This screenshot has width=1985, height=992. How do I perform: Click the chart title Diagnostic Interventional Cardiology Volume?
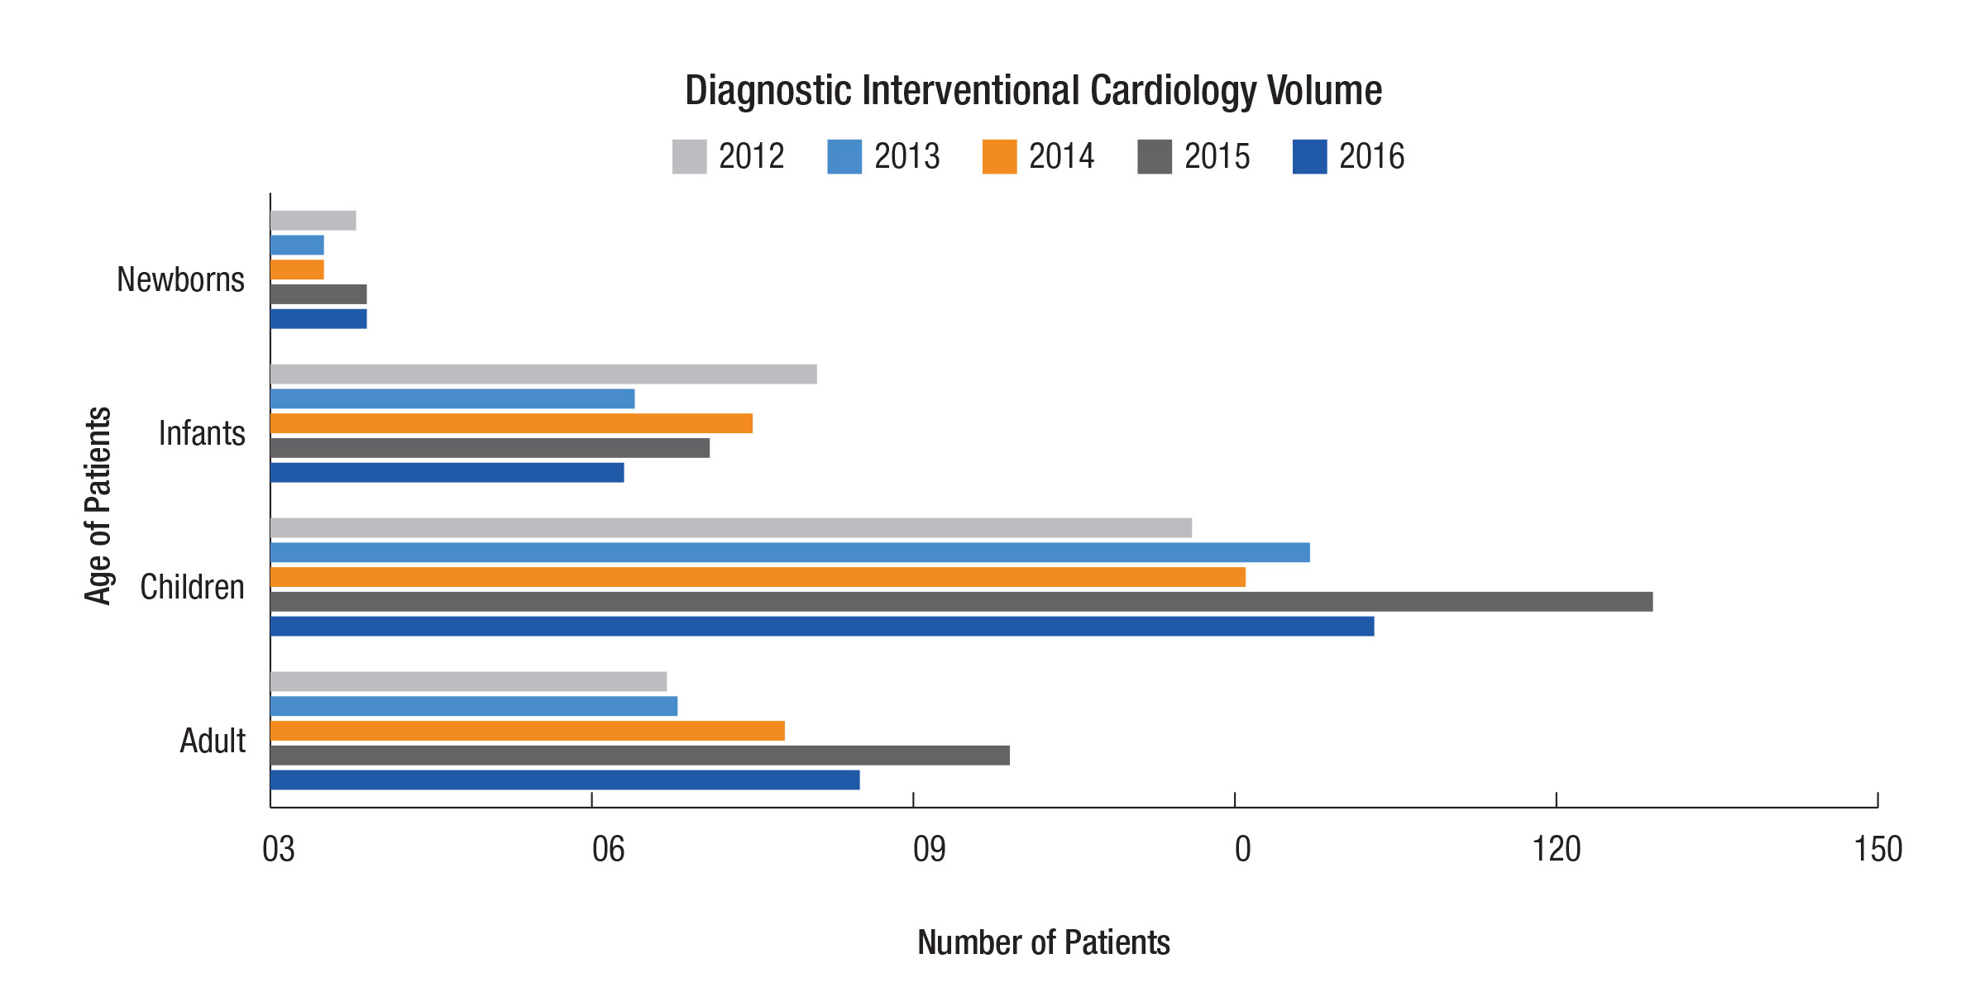coord(1033,91)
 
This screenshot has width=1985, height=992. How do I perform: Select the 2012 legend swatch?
coord(689,157)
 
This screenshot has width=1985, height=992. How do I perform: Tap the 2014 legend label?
coord(1061,157)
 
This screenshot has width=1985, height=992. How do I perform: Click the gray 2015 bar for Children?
coord(961,602)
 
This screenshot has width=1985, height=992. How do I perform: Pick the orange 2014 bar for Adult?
coord(527,731)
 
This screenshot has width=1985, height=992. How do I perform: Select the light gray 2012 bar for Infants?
coord(543,374)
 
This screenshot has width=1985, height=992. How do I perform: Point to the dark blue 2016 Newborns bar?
coord(318,319)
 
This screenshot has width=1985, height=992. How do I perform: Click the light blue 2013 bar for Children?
coord(790,552)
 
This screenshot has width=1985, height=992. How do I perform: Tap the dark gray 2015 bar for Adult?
coord(639,756)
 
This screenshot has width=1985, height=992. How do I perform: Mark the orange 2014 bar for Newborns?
coord(297,269)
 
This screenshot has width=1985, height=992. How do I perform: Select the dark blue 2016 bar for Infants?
coord(447,473)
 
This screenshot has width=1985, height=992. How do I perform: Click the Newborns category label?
coord(180,280)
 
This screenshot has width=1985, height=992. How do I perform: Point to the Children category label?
coord(192,588)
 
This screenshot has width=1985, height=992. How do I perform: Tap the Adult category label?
coord(213,742)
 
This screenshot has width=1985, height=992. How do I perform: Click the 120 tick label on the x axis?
coord(1556,850)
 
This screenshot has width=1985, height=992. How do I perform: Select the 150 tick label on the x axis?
coord(1877,850)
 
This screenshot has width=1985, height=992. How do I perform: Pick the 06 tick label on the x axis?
coord(608,850)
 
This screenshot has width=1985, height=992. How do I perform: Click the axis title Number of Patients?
coord(1043,942)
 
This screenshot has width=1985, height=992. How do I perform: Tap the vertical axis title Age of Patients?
coord(98,505)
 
